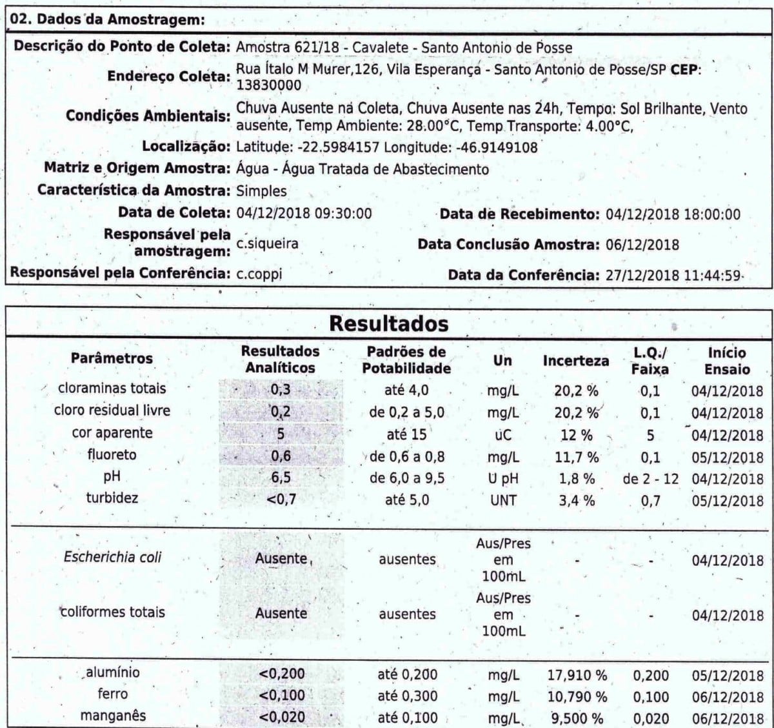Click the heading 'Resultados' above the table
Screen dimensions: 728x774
388,323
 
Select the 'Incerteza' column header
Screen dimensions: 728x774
575,361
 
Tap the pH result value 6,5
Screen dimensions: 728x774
281,478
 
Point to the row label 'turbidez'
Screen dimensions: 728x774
112,498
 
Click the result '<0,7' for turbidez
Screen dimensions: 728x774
281,500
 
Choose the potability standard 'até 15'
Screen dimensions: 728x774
406,434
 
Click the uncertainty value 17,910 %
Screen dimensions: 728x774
577,676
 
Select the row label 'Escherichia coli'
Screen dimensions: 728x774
112,557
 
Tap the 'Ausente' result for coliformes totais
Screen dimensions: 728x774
281,613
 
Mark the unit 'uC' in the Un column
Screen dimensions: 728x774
502,434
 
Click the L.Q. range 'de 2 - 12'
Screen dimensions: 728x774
650,479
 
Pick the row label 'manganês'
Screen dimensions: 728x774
112,716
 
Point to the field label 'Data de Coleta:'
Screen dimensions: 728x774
174,213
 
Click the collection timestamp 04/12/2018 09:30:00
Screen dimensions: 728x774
304,213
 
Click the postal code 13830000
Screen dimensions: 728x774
268,85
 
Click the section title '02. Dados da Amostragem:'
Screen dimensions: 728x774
108,19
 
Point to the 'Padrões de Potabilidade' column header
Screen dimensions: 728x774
406,360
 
